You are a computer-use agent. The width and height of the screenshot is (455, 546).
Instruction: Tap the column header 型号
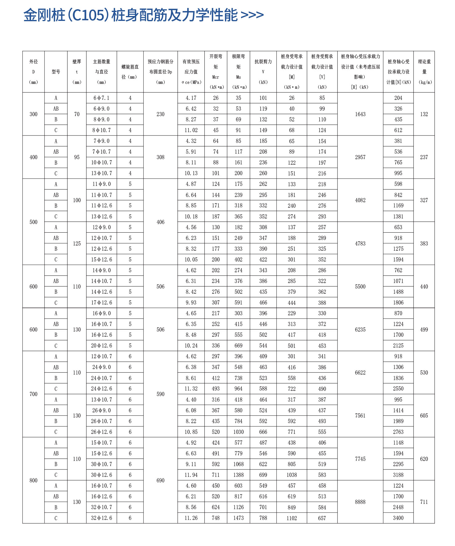coord(56,72)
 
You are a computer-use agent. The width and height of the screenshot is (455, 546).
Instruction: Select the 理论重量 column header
coord(424,72)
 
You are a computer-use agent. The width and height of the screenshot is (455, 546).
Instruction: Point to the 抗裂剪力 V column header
coord(263,72)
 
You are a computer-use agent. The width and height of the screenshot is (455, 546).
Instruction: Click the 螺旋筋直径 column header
coord(130,72)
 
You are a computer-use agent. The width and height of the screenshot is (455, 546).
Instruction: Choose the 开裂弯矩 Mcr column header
coord(216,72)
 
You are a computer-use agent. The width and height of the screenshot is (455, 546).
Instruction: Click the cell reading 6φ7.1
coord(101,98)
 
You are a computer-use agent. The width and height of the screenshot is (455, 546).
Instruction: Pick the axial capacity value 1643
coord(360,114)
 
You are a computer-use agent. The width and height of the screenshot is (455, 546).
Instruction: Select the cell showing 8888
coord(360,502)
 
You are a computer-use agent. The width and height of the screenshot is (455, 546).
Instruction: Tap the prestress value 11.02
coord(191,130)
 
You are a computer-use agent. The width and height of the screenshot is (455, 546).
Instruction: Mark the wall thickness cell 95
coord(77,157)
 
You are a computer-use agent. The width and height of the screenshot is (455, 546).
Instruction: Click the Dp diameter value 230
coord(160,114)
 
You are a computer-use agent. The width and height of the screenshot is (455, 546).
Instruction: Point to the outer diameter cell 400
coord(34,157)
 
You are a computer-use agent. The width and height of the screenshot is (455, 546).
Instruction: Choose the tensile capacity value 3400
coord(398,518)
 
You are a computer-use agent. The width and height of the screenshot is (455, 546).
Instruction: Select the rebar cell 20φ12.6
coord(101,346)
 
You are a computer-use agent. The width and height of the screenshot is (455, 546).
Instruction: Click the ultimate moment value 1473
coord(238,518)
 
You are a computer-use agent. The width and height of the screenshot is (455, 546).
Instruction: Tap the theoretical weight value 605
coord(424,416)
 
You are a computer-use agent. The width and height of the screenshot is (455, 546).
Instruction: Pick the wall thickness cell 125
coord(77,243)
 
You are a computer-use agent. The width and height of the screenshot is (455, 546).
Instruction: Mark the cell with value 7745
coord(360,459)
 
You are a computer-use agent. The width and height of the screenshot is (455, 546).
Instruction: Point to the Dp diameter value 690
coord(160,480)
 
